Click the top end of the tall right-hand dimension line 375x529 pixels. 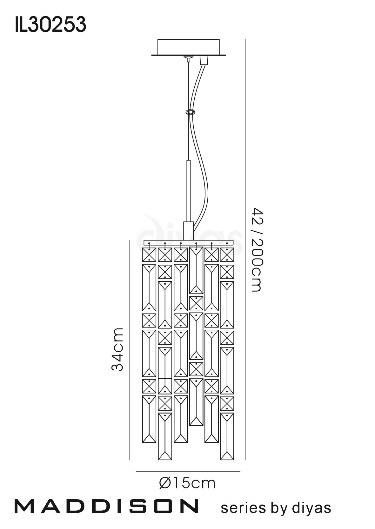pyautogui.click(x=245, y=39)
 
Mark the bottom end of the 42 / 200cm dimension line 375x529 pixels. pyautogui.click(x=245, y=460)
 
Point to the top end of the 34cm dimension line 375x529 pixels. pyautogui.click(x=130, y=240)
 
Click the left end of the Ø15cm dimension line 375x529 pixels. pyautogui.click(x=136, y=471)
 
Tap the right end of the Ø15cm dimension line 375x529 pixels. pyautogui.click(x=240, y=471)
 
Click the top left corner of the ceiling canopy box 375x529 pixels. pyautogui.click(x=157, y=40)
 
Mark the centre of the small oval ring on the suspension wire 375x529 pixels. pyautogui.click(x=190, y=112)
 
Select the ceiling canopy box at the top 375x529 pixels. pyautogui.click(x=189, y=48)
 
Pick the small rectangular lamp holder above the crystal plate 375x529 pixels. pyautogui.click(x=188, y=231)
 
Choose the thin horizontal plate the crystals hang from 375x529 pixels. pyautogui.click(x=188, y=243)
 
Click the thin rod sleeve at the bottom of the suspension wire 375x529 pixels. pyautogui.click(x=188, y=191)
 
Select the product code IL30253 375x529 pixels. pyautogui.click(x=50, y=25)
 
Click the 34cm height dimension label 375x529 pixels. pyautogui.click(x=117, y=349)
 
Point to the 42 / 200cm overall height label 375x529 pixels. pyautogui.click(x=257, y=250)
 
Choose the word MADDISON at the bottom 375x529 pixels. pyautogui.click(x=106, y=506)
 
